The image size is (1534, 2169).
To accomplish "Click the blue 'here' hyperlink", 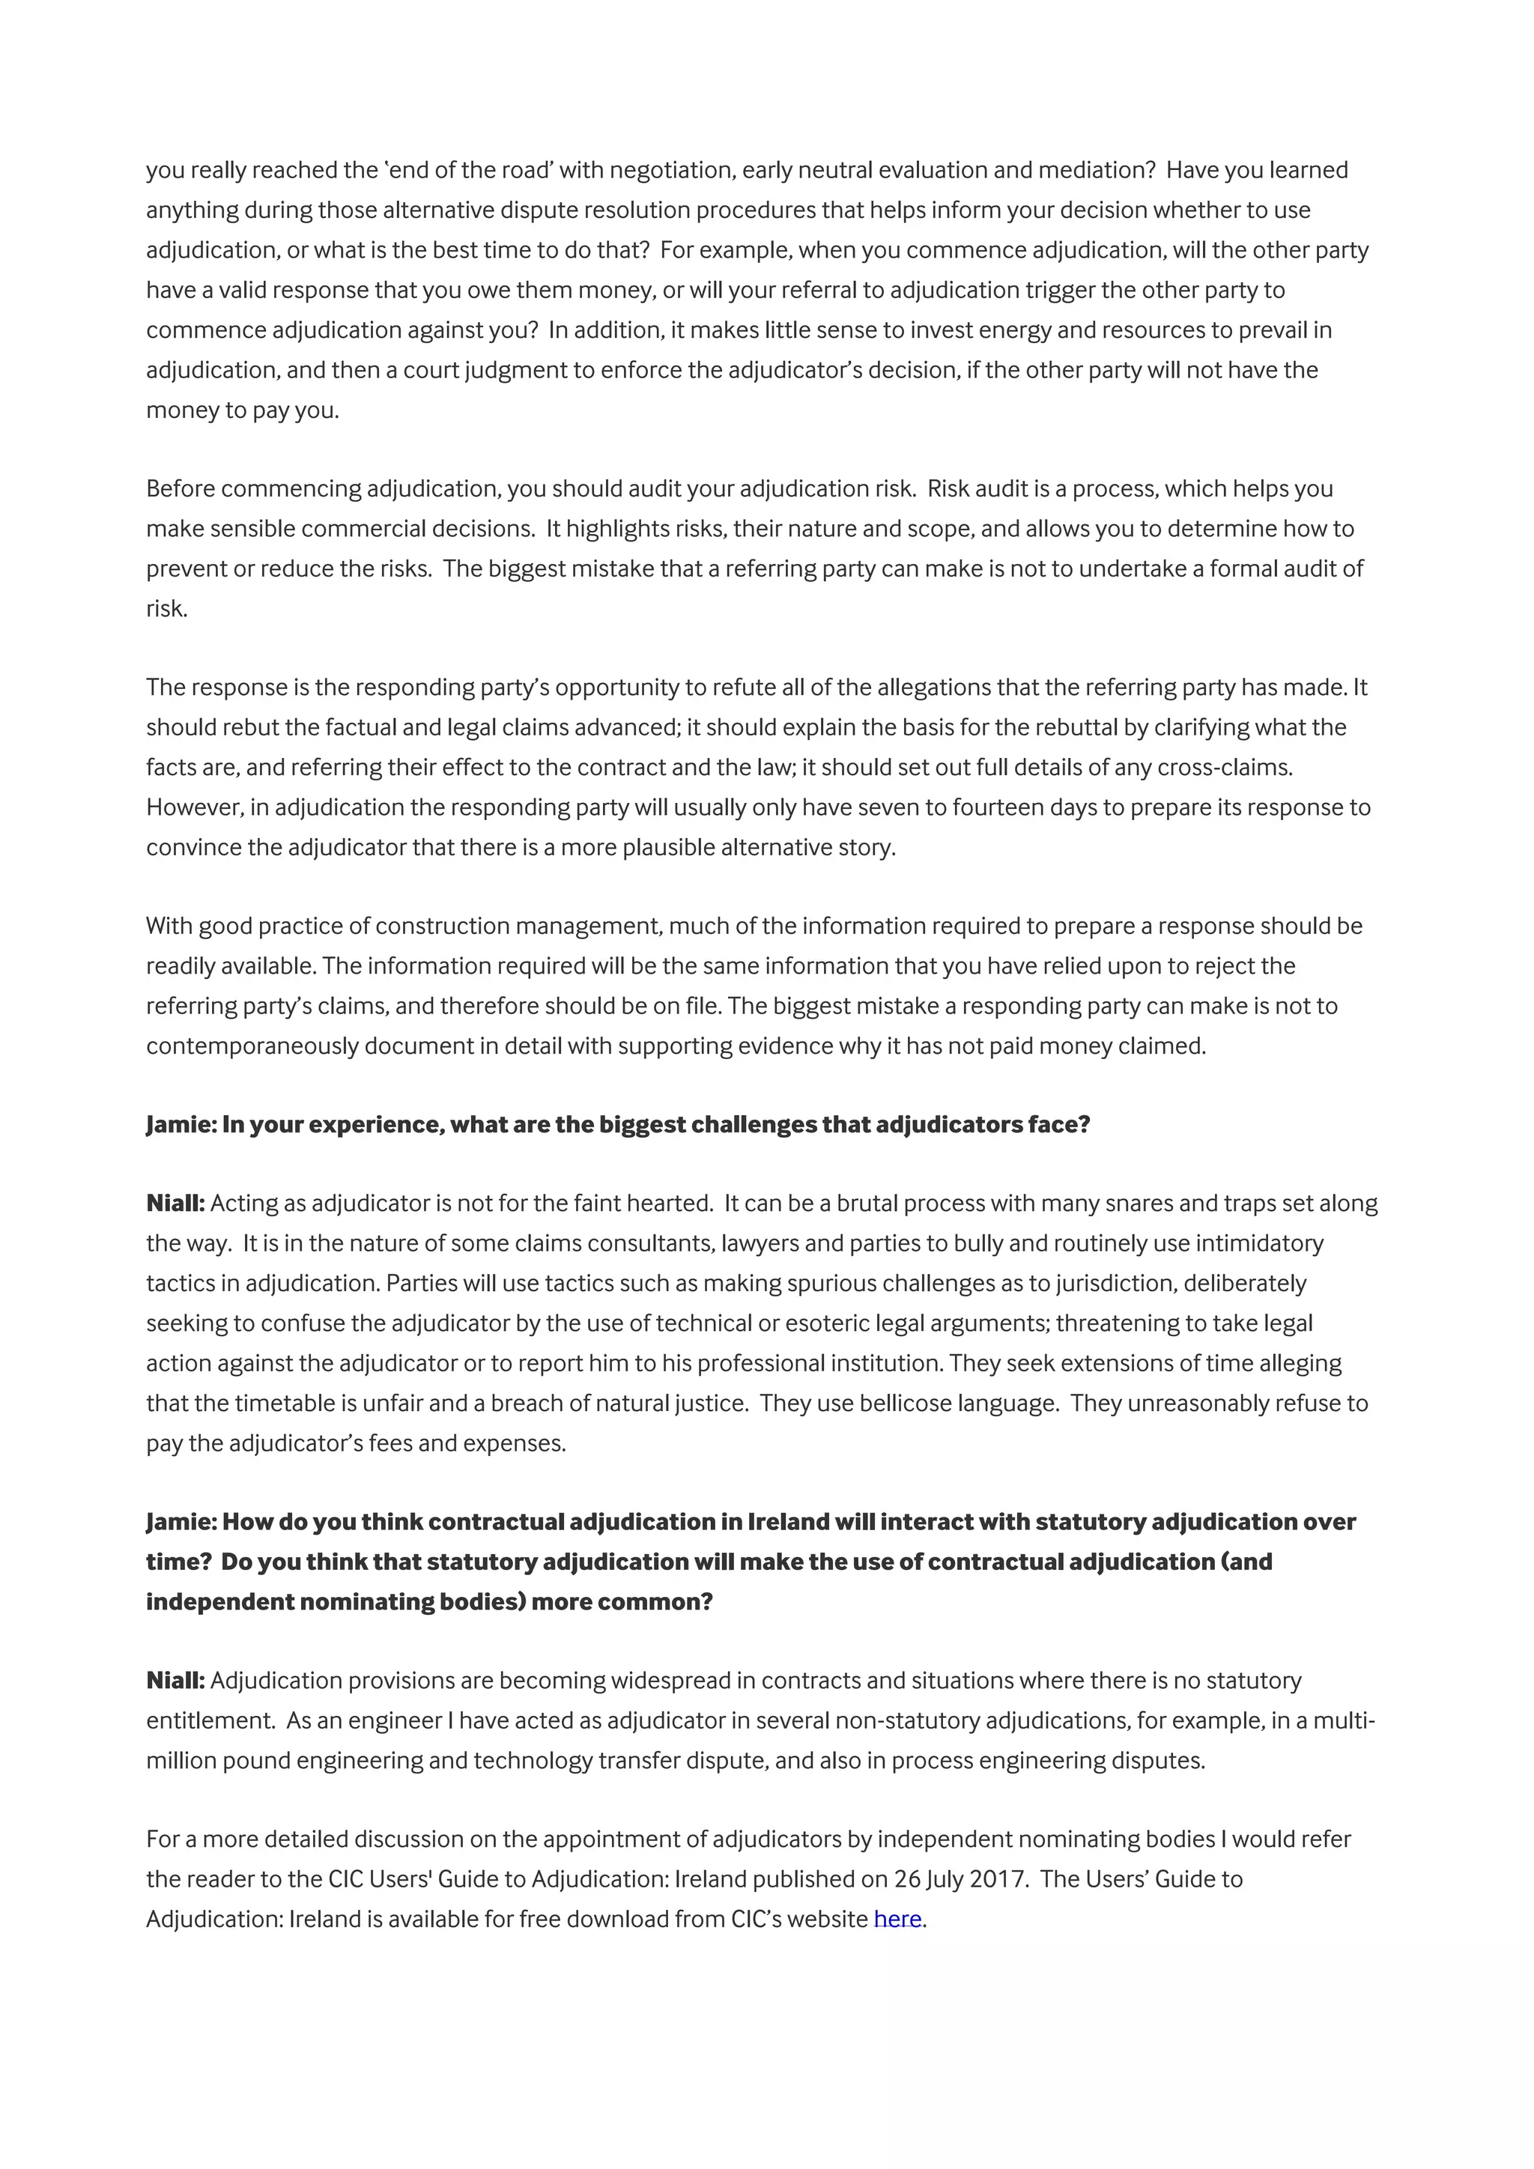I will (x=897, y=1919).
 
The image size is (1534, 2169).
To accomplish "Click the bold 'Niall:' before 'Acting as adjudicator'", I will (x=176, y=1204).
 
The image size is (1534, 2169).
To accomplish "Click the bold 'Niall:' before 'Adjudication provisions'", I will (x=176, y=1681).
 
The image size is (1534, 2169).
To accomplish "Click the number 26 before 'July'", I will (x=907, y=1879).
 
